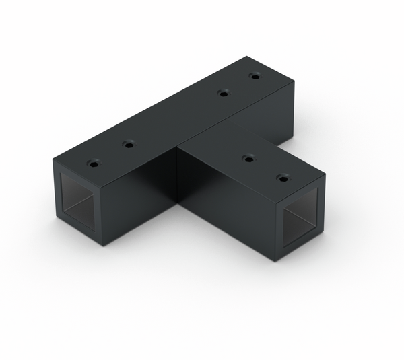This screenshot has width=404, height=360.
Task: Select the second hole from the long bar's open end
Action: pyautogui.click(x=128, y=144)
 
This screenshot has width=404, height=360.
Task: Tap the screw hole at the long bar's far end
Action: pyautogui.click(x=255, y=77)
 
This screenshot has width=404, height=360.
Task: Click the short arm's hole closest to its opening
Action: pyautogui.click(x=283, y=178)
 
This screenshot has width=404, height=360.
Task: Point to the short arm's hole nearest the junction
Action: pyautogui.click(x=248, y=159)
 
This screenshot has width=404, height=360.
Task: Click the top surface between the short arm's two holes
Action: pyautogui.click(x=265, y=169)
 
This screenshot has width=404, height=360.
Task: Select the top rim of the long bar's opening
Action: pyautogui.click(x=77, y=176)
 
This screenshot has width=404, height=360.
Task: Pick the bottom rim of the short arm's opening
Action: pyautogui.click(x=300, y=246)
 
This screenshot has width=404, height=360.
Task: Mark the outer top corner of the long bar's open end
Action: pyautogui.click(x=52, y=159)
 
